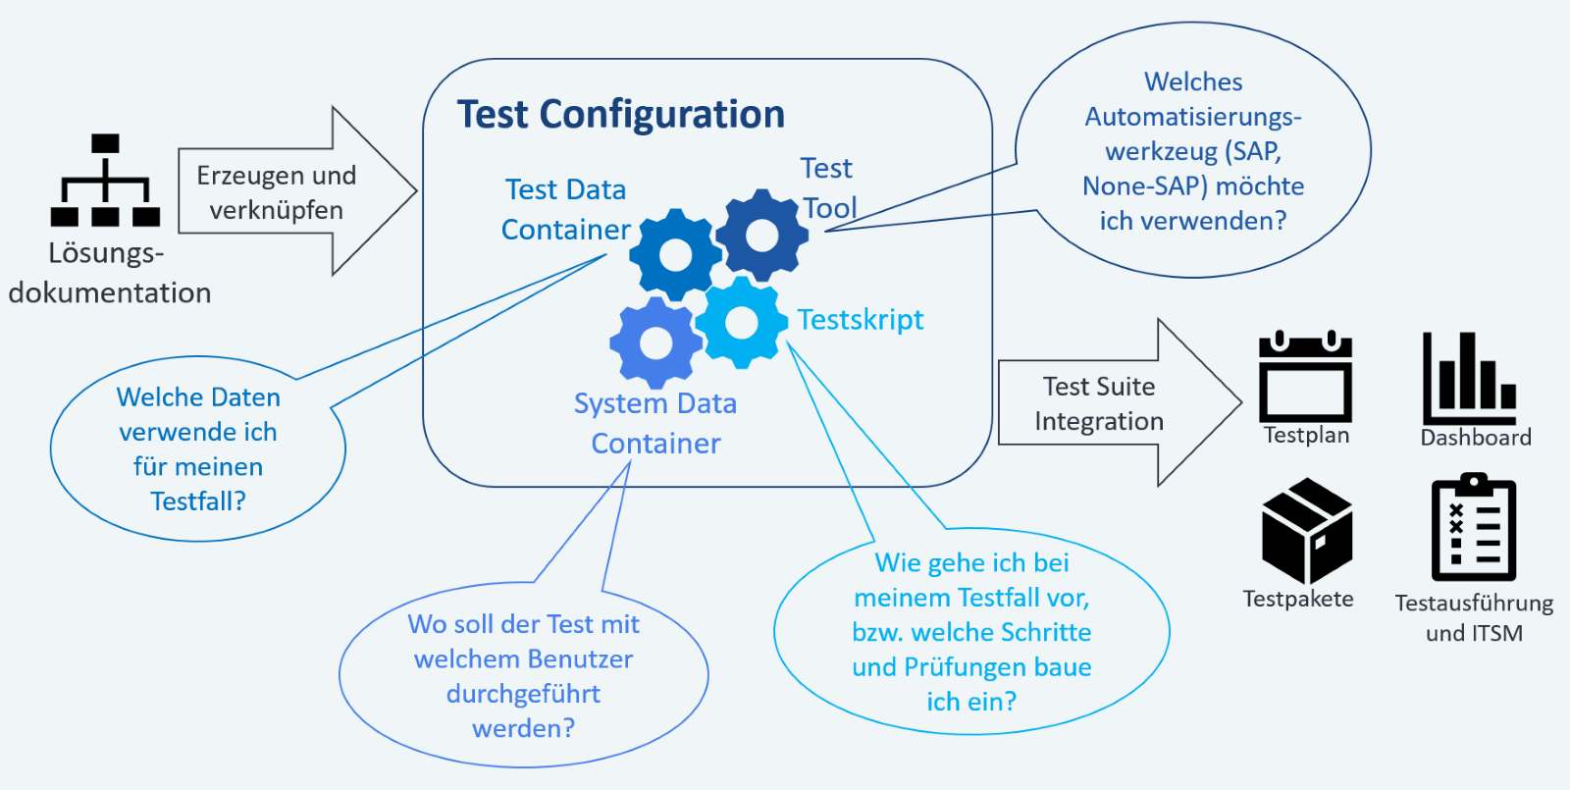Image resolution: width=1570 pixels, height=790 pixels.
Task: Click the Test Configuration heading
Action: point(620,115)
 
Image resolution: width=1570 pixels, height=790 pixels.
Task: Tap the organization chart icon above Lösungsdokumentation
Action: point(105,181)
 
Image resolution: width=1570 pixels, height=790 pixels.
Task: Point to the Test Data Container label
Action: point(565,209)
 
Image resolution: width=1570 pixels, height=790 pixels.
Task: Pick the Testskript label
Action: point(861,320)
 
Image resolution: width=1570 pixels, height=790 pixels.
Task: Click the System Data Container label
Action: point(655,423)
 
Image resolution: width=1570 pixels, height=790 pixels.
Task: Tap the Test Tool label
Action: point(828,187)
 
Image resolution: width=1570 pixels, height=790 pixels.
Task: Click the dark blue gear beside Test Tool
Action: point(762,236)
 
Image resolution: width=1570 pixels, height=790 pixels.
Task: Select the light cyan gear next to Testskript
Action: point(741,323)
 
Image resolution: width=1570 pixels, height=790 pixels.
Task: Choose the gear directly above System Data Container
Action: point(655,343)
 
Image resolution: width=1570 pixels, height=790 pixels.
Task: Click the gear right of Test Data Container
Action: point(676,255)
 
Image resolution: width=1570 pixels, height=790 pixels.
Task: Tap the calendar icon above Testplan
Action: point(1305,378)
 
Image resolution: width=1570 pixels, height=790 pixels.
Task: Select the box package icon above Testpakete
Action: point(1306,531)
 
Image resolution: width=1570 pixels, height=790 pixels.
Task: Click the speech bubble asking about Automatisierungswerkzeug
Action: point(1193,151)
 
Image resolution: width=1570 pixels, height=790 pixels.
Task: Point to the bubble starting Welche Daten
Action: point(198,449)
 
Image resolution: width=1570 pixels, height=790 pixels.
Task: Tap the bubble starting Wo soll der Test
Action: point(524,676)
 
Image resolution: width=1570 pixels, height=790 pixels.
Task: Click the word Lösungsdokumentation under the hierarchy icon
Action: point(108,274)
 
